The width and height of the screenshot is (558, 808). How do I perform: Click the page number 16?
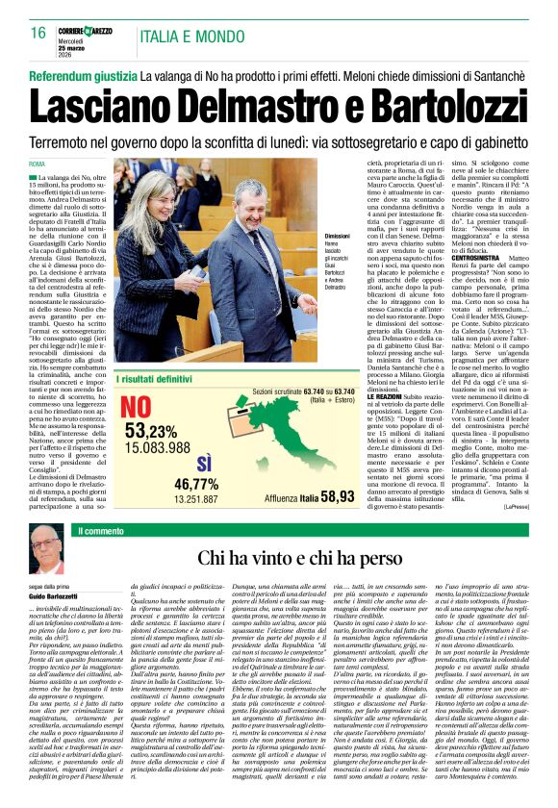click(38, 33)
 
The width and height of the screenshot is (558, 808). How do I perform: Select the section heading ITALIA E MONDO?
click(191, 37)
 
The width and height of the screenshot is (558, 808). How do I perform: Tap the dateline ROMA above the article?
click(38, 164)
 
